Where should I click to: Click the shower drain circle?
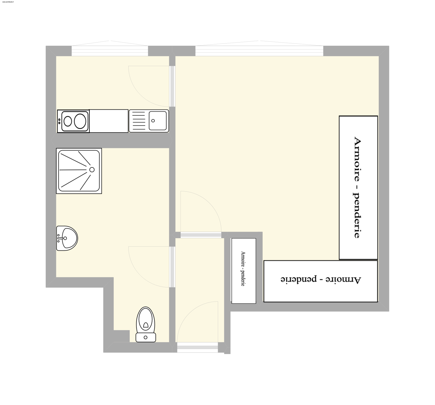pyautogui.click(x=92, y=170)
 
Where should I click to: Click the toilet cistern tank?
pyautogui.click(x=146, y=337)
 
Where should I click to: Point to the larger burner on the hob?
pyautogui.click(x=80, y=121)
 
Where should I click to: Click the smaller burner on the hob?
pyautogui.click(x=67, y=121)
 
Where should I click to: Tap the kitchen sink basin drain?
pyautogui.click(x=153, y=121)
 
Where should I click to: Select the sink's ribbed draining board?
pyautogui.click(x=139, y=121)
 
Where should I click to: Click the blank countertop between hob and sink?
pyautogui.click(x=109, y=121)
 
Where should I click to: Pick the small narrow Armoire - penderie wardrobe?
pyautogui.click(x=244, y=271)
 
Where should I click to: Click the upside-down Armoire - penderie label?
pyautogui.click(x=321, y=280)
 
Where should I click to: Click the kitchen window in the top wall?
pyautogui.click(x=110, y=51)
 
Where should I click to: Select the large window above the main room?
pyautogui.click(x=259, y=51)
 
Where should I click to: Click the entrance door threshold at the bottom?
pyautogui.click(x=197, y=347)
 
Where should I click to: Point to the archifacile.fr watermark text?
pyautogui.click(x=8, y=1)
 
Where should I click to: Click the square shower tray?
pyautogui.click(x=79, y=171)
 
